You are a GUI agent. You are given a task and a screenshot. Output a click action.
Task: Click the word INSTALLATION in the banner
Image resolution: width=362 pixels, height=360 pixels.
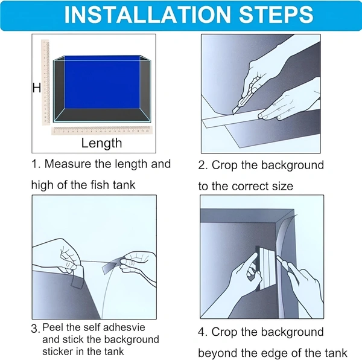point(147,14)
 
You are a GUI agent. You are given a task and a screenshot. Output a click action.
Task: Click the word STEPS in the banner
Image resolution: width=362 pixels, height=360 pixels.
point(276,14)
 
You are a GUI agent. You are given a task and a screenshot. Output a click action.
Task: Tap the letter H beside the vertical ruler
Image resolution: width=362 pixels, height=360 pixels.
point(37,88)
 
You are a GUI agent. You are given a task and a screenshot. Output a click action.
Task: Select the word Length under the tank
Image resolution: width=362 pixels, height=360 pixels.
point(101,143)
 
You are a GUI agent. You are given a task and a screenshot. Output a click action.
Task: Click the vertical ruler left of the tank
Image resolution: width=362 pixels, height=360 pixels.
point(45,82)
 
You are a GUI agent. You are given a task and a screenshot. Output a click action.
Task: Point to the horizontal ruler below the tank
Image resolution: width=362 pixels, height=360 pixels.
point(102,130)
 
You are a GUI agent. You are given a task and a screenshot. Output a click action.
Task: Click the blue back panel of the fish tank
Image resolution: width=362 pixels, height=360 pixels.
point(102,82)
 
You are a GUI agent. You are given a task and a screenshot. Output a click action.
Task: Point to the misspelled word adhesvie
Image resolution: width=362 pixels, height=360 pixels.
point(124,327)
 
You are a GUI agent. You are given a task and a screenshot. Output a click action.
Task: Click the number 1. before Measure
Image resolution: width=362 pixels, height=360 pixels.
point(36,164)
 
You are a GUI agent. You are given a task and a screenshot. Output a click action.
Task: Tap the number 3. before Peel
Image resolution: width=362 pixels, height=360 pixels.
point(36,329)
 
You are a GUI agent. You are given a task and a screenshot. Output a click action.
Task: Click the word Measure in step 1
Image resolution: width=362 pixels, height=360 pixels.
point(68,164)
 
